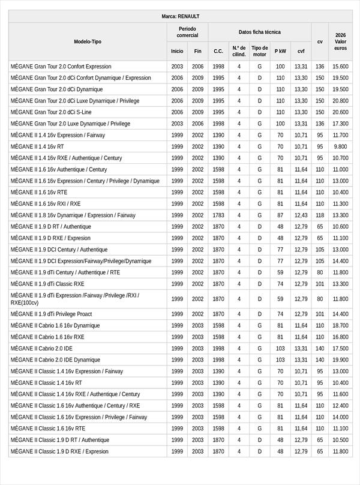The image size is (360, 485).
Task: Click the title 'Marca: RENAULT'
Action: pyautogui.click(x=181, y=16)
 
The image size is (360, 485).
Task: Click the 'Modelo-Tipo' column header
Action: pyautogui.click(x=88, y=41)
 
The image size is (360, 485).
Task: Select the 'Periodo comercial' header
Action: pyautogui.click(x=187, y=32)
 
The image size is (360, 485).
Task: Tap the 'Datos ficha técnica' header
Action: pyautogui.click(x=259, y=32)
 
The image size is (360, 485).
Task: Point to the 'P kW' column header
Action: pyautogui.click(x=280, y=51)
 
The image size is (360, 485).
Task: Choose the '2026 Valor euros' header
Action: pyautogui.click(x=341, y=41)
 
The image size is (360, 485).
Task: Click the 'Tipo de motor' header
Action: pyautogui.click(x=260, y=51)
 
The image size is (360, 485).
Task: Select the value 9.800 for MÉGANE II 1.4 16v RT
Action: pyautogui.click(x=341, y=146)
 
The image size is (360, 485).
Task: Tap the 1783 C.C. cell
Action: pyautogui.click(x=218, y=215)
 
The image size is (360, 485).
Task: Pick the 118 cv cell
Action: pyautogui.click(x=320, y=215)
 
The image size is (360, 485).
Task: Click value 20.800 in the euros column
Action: pyautogui.click(x=341, y=101)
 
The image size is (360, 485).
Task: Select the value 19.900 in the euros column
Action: pyautogui.click(x=341, y=360)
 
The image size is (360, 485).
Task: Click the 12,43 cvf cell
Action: pyautogui.click(x=301, y=215)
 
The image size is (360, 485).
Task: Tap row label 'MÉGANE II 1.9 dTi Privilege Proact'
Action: pyautogui.click(x=51, y=314)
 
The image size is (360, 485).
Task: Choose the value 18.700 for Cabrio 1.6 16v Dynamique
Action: pyautogui.click(x=341, y=325)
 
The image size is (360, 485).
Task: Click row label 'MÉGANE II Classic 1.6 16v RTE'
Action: pyautogui.click(x=47, y=429)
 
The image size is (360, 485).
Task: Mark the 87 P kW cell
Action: pyautogui.click(x=280, y=215)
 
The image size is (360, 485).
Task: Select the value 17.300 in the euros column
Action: pyautogui.click(x=341, y=124)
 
